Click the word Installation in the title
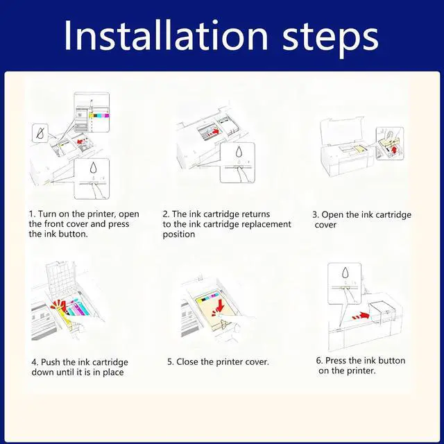pos(166,35)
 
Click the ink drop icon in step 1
pos(93,167)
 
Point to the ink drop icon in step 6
pos(345,273)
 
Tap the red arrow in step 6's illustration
pos(361,316)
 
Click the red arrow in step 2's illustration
pos(216,131)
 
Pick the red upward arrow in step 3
pos(394,149)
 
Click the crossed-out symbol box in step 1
pos(40,133)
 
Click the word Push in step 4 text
pos(51,362)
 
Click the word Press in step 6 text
pos(336,361)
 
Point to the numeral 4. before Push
pos(35,362)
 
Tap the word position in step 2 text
pos(179,234)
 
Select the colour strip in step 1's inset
pos(99,116)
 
